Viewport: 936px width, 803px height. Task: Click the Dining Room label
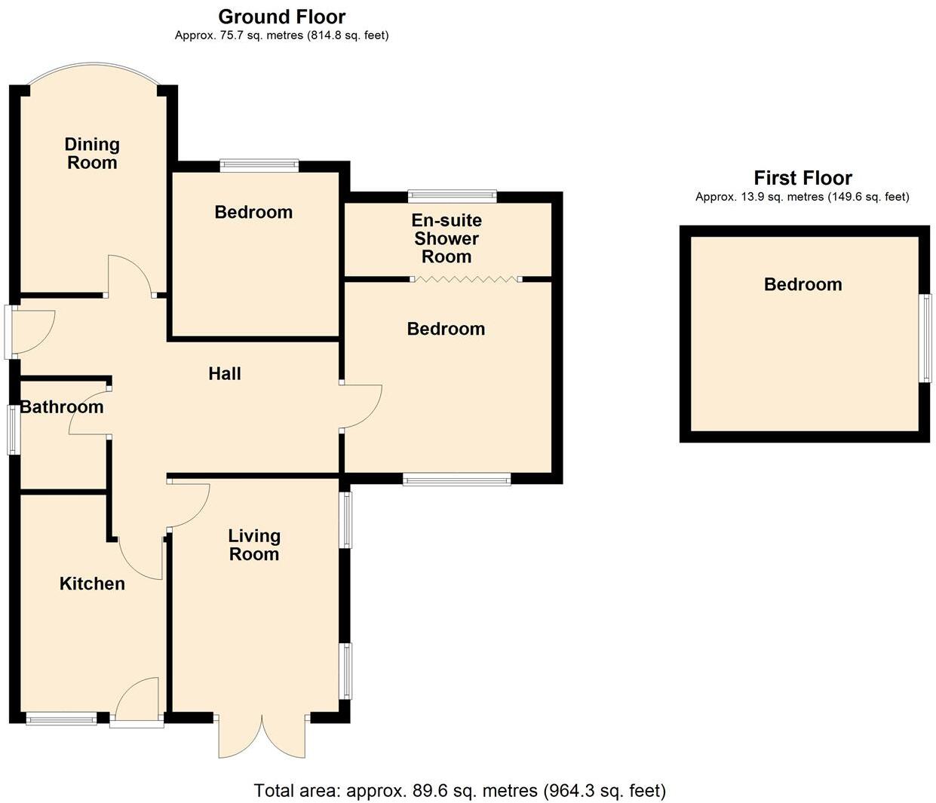pyautogui.click(x=92, y=154)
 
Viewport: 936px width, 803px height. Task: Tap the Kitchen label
pyautogui.click(x=92, y=584)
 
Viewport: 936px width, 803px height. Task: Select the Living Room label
pyautogui.click(x=254, y=545)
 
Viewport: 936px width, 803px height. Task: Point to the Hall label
pyautogui.click(x=225, y=374)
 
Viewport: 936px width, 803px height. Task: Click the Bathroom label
pyautogui.click(x=62, y=407)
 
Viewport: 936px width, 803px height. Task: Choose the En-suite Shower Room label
pyautogui.click(x=447, y=238)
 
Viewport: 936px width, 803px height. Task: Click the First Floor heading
pyautogui.click(x=803, y=178)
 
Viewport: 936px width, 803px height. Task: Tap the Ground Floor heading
pyautogui.click(x=281, y=17)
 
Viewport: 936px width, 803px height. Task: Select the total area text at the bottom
pyautogui.click(x=459, y=791)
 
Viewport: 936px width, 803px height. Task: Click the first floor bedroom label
pyautogui.click(x=803, y=284)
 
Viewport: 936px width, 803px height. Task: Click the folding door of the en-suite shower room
pyautogui.click(x=466, y=280)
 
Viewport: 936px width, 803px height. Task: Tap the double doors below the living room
pyautogui.click(x=262, y=736)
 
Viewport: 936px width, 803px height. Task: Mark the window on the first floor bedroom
pyautogui.click(x=924, y=338)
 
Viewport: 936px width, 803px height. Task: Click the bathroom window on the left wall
pyautogui.click(x=13, y=430)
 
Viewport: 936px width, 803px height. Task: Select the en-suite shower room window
pyautogui.click(x=453, y=197)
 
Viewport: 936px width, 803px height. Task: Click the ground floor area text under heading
pyautogui.click(x=281, y=35)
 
